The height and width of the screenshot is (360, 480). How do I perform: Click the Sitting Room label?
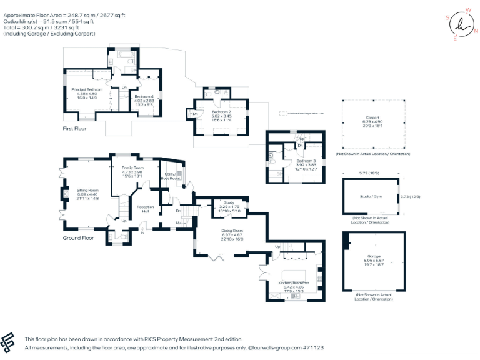click(88, 190)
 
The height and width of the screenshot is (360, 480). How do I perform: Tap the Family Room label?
click(132, 168)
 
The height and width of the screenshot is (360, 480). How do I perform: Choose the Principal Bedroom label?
click(86, 90)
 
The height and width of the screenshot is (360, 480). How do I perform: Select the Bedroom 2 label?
click(222, 111)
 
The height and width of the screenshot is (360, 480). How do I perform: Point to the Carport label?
click(372, 118)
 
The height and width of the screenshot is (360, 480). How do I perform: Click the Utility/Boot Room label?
click(170, 177)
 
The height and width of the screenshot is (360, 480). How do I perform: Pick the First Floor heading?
click(74, 129)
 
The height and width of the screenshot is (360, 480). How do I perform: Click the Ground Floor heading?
click(79, 238)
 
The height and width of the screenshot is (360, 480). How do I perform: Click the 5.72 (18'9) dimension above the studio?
click(368, 173)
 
